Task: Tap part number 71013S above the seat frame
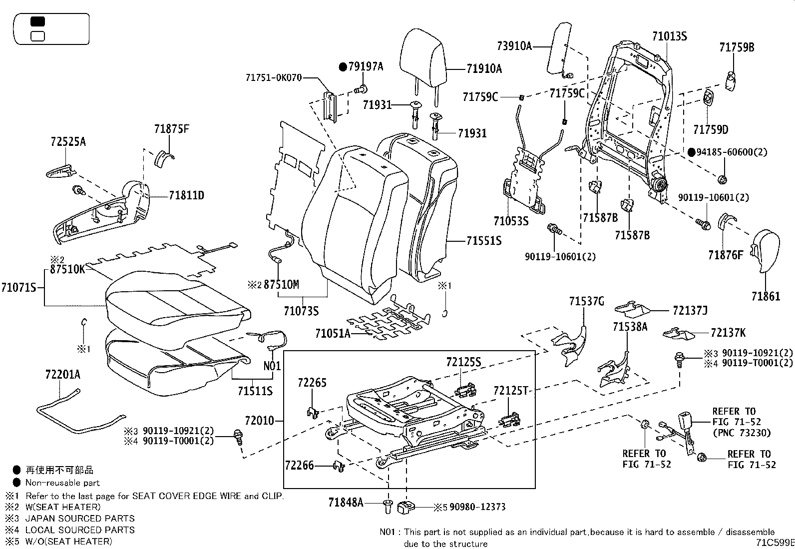click(669, 36)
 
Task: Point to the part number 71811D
click(186, 195)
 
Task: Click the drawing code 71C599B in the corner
click(775, 543)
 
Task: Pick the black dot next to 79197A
click(343, 66)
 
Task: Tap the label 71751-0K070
click(274, 77)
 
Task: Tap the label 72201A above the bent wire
click(62, 375)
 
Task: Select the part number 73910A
click(514, 46)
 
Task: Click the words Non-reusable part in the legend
click(62, 483)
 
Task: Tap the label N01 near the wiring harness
click(272, 366)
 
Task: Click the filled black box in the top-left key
click(38, 21)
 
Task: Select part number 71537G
click(587, 301)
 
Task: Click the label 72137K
click(728, 333)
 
